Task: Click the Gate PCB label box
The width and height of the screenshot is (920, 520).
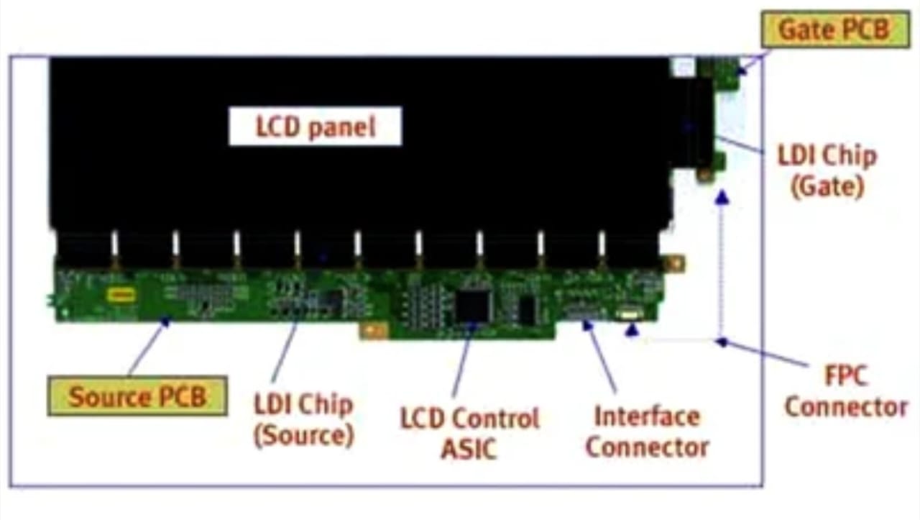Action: coord(835,29)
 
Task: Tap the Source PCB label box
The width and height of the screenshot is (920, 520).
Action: coord(137,396)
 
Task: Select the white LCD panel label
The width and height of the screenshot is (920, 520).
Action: coord(316,126)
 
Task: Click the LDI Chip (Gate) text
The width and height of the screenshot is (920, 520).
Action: coord(827,171)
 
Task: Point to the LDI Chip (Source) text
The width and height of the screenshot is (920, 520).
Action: coord(304,420)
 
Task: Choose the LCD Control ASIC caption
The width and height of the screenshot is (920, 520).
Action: coord(469,433)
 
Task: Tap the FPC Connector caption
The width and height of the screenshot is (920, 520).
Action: coord(846,391)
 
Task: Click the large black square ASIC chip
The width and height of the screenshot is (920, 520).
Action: coord(473,306)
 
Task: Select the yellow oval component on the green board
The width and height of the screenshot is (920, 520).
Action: coord(121,294)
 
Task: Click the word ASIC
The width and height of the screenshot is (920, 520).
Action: coord(469,449)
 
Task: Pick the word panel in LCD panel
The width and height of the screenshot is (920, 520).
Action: coord(342,127)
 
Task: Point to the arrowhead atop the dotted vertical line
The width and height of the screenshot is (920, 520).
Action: coord(722,197)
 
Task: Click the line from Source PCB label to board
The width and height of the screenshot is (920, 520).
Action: coord(147,348)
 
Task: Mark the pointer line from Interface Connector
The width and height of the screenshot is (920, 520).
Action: coord(600,357)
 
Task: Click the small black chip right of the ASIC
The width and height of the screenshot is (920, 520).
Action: coord(527,310)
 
